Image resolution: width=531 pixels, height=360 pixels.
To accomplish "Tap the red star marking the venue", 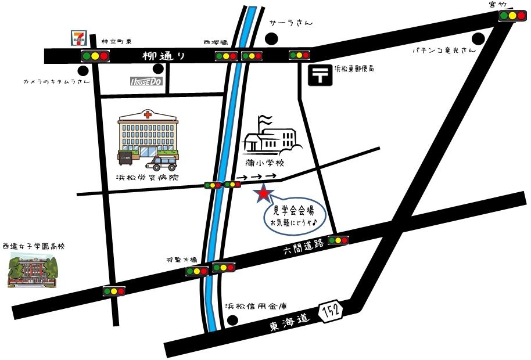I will (264, 193).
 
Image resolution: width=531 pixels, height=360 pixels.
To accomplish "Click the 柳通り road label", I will (164, 56).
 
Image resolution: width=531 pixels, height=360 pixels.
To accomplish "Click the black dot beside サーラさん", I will (271, 39).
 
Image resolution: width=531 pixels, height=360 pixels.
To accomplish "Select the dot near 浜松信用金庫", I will (233, 319).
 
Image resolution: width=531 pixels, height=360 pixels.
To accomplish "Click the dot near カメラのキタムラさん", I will (84, 71).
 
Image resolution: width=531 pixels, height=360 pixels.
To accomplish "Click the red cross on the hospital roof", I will (148, 115).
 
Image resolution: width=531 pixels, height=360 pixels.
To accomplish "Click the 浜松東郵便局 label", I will (354, 69).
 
